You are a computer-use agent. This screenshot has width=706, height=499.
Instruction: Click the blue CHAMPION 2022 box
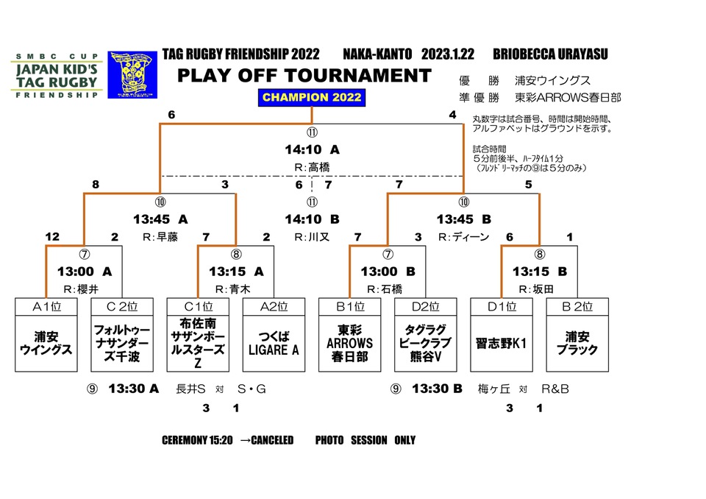[312, 97]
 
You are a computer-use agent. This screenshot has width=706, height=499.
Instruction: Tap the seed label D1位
[501, 306]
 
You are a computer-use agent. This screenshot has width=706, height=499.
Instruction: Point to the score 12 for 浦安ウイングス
[51, 237]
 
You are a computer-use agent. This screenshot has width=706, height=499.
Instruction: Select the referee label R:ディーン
[463, 237]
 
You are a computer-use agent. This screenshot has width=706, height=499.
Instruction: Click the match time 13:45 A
[160, 219]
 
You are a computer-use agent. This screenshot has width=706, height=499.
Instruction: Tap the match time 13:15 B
[541, 272]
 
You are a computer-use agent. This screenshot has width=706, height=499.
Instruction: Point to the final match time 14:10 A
[312, 149]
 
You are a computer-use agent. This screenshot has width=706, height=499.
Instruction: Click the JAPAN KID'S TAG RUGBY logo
[55, 75]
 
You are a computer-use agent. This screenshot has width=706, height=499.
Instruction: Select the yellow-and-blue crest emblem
[132, 74]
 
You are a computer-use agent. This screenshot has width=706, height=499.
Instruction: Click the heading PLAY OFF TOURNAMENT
[304, 75]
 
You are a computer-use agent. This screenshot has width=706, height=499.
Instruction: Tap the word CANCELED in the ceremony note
[272, 440]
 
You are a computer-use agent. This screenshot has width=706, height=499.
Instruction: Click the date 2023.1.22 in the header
[447, 54]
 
